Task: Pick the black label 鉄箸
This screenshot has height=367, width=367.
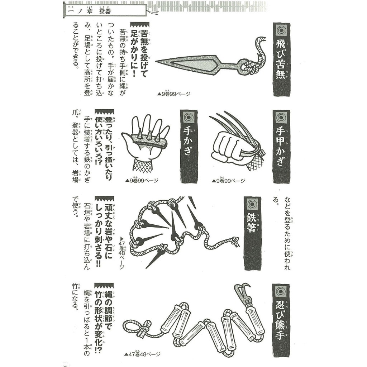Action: pos(252,233)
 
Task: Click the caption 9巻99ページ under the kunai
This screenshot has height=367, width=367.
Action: pos(174,94)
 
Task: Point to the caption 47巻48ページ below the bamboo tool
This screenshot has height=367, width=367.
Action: pos(143,354)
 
